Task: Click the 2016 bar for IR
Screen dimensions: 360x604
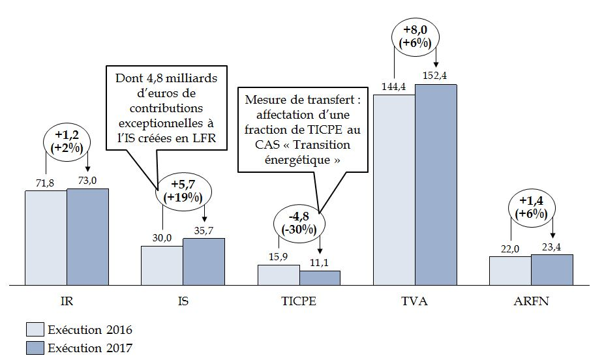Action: [46, 237]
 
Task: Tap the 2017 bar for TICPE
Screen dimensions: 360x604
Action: [320, 278]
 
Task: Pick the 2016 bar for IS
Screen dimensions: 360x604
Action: [162, 265]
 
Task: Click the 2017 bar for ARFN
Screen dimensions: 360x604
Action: [552, 270]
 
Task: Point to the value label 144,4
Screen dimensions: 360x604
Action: [395, 87]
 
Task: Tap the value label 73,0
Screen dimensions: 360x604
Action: [87, 181]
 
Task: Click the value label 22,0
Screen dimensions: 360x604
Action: [510, 248]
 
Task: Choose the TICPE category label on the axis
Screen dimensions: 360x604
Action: [299, 302]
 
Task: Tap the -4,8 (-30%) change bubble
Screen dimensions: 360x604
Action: [299, 222]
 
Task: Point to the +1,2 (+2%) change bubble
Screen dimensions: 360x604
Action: [67, 142]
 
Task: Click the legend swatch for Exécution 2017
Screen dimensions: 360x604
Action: [35, 348]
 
